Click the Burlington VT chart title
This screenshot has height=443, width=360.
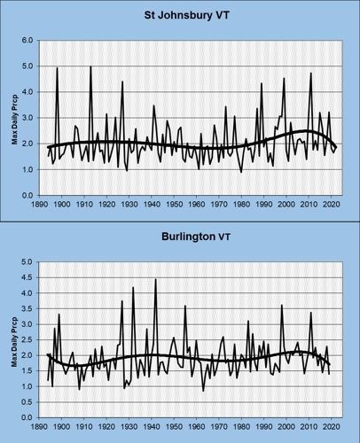(187, 238)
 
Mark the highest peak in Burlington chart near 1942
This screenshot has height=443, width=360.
(156, 279)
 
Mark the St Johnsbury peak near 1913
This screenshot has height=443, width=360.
(91, 66)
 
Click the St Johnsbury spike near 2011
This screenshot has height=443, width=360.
(311, 73)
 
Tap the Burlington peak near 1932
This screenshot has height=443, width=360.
(133, 287)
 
